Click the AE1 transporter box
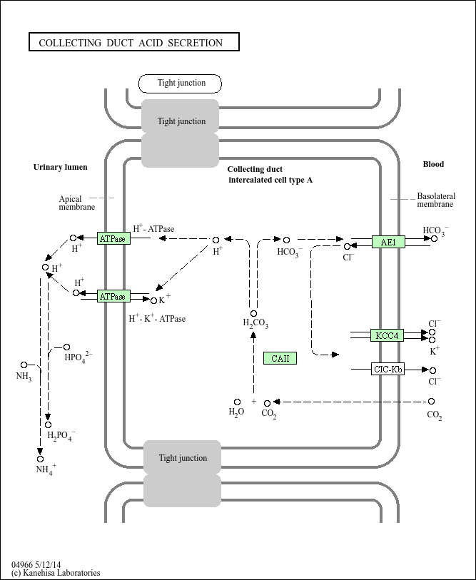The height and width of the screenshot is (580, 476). [388, 243]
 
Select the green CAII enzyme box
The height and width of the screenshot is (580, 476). [280, 358]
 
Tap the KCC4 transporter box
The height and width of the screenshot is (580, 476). [387, 335]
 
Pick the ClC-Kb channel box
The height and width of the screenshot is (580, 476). [388, 370]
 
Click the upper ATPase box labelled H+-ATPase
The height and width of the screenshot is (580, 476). [113, 238]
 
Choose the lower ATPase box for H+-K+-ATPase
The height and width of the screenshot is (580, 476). [113, 296]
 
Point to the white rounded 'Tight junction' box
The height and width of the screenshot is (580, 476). [181, 83]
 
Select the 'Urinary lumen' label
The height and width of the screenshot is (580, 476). [61, 167]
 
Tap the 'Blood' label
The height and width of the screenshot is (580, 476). [433, 164]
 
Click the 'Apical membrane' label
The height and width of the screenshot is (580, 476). [76, 203]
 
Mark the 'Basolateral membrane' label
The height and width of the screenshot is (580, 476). [435, 200]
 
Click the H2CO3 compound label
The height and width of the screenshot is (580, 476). [255, 325]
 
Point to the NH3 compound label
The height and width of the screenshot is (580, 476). [24, 376]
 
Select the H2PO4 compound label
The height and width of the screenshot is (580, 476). [61, 436]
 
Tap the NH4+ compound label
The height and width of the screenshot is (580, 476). [46, 470]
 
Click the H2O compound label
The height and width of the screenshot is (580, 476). [236, 412]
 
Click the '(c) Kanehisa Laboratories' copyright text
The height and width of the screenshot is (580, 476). [56, 573]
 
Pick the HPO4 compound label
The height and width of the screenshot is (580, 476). [78, 357]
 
